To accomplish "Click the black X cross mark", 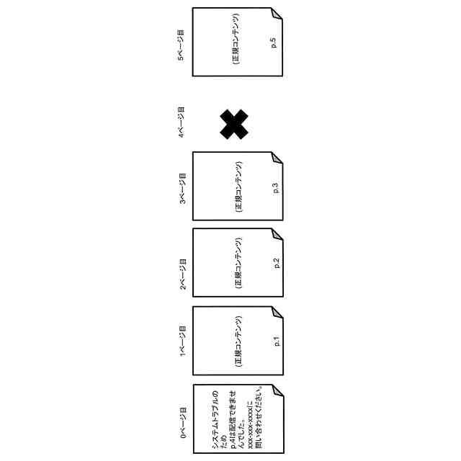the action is pos(234,125).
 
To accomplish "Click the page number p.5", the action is pos(274,42).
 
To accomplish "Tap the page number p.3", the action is pos(275,189).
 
